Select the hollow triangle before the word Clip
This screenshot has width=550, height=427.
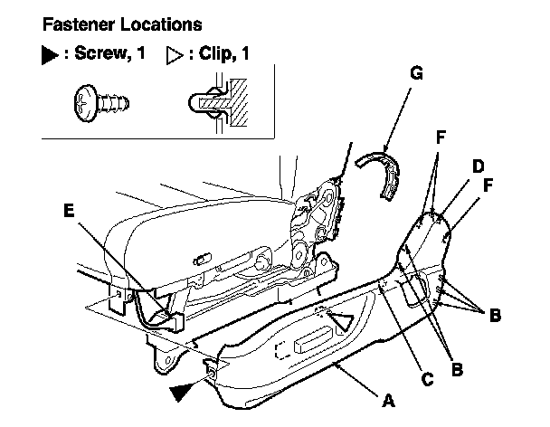[174, 55]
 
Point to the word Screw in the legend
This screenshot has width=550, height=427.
[98, 55]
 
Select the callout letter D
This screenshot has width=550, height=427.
[478, 167]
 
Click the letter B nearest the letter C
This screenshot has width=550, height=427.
[456, 368]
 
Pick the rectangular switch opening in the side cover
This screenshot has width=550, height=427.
[312, 344]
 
